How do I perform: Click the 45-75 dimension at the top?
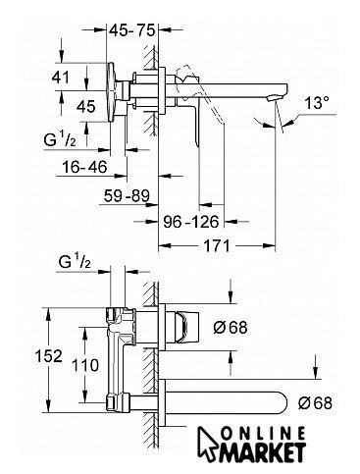131,30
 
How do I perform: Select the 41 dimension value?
61,78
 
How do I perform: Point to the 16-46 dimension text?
84,167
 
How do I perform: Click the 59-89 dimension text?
127,195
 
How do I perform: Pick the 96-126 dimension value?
191,222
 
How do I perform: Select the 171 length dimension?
217,245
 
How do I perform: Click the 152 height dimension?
48,355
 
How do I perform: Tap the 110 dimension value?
84,365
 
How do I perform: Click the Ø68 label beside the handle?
231,327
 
